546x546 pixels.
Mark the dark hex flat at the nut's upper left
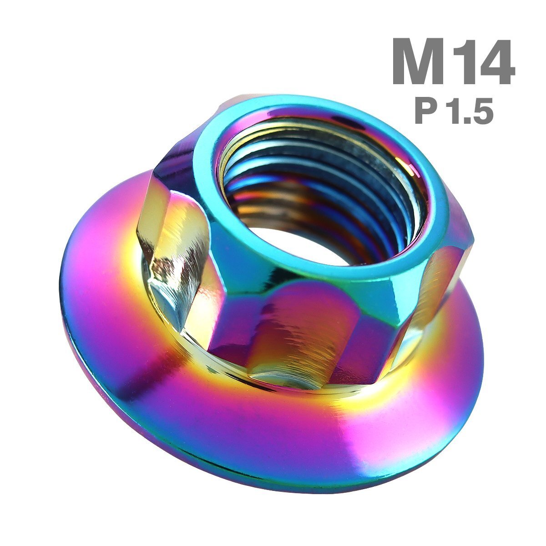(x=175, y=168)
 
